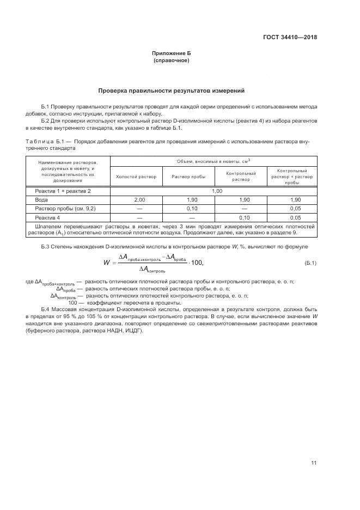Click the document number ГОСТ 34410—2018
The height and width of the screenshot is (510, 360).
(x=289, y=38)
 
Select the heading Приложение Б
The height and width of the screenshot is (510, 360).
(x=172, y=53)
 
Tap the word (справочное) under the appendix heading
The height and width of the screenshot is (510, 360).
(x=172, y=60)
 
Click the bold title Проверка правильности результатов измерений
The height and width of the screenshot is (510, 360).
(x=172, y=90)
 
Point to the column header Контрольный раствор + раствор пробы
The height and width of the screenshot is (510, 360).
(x=292, y=177)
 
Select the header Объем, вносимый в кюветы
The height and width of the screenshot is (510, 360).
(x=213, y=161)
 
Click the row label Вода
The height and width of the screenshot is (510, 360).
(x=41, y=200)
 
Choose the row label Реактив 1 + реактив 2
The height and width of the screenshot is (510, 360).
(x=63, y=191)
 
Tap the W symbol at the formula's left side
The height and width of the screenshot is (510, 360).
(x=107, y=263)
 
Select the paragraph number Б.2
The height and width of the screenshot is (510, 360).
(x=46, y=120)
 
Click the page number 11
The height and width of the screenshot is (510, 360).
(x=313, y=463)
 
